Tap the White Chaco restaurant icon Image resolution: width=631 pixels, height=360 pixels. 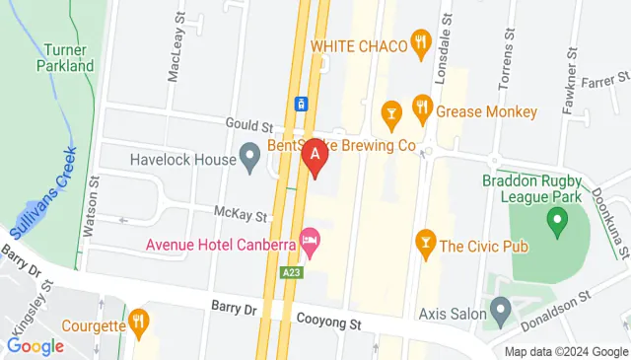point(422,42)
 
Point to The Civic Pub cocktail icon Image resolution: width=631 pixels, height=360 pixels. point(426,240)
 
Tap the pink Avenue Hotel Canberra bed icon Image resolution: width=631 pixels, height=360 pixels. point(310,240)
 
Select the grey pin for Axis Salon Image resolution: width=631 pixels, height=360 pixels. point(501,315)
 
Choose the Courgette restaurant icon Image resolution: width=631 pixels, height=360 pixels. point(139,321)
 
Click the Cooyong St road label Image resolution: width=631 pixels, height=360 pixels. point(330,320)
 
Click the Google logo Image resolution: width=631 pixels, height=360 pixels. point(35,346)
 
